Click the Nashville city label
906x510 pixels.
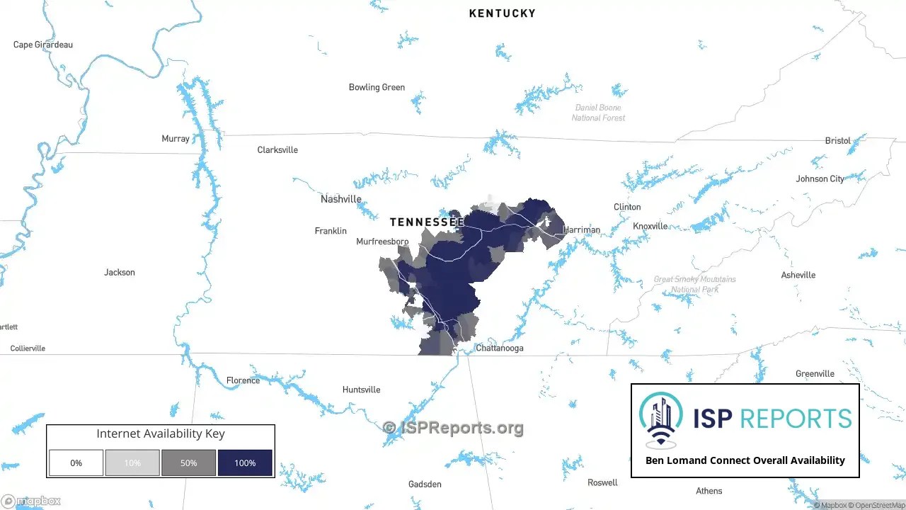pos(340,199)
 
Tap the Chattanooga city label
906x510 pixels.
pos(499,348)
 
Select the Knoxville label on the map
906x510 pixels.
pos(650,226)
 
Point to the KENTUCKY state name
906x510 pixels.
pos(502,13)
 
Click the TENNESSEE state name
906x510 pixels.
pos(427,222)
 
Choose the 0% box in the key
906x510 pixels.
pos(76,463)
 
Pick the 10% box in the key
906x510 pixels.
pos(132,463)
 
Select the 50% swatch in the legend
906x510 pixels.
pos(188,463)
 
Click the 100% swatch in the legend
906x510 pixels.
pos(245,463)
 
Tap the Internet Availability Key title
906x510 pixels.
pos(161,433)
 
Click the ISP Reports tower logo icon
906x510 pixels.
pos(661,419)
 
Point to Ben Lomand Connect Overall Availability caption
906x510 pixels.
pos(745,460)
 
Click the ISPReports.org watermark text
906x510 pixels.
pos(453,427)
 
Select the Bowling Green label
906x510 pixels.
pos(377,87)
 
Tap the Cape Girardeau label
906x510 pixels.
pos(43,45)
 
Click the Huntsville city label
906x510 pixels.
pos(361,390)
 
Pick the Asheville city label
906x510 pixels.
pos(798,275)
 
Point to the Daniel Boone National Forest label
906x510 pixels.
pos(598,113)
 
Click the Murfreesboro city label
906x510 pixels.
pos(382,242)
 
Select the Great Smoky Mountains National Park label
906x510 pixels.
pos(694,284)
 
